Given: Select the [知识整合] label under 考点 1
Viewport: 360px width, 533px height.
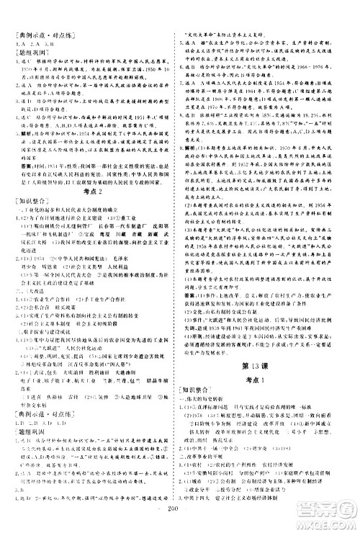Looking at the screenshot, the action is (197, 354).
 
